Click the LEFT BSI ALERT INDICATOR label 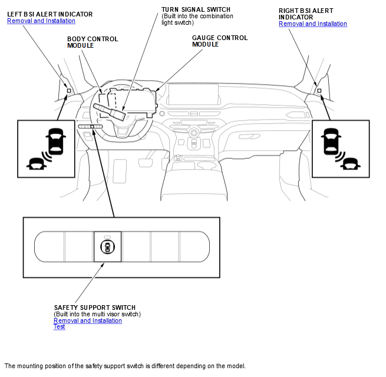[41, 14]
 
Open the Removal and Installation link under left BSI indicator [41, 21]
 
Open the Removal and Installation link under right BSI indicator [312, 24]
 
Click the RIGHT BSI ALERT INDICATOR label [305, 14]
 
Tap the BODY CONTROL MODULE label [92, 42]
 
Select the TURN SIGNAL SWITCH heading [196, 10]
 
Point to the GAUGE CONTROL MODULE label [219, 41]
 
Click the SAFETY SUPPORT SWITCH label [94, 307]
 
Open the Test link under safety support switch [60, 327]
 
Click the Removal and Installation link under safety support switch [87, 320]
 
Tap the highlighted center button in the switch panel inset [107, 246]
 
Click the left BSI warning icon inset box [47, 148]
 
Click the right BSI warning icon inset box [341, 148]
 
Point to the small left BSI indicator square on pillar [68, 91]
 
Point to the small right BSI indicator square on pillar [319, 91]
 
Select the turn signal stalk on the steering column [106, 110]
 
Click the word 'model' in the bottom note [235, 366]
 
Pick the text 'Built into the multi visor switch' [97, 314]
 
